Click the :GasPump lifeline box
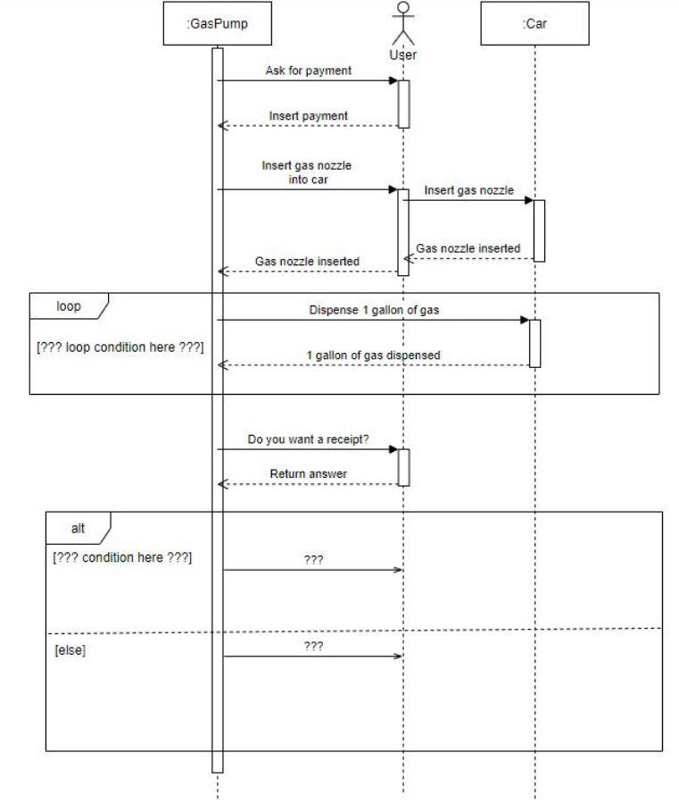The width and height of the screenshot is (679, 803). click(x=217, y=24)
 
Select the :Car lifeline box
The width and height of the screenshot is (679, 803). click(x=534, y=24)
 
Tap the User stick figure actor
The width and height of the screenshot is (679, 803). click(x=403, y=24)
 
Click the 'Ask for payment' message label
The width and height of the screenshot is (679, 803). click(x=308, y=71)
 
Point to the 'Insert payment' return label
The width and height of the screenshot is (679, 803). click(x=309, y=115)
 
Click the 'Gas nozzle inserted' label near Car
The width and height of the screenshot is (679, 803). click(x=468, y=248)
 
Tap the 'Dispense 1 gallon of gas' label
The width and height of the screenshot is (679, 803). click(x=374, y=310)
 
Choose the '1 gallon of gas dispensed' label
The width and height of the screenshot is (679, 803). click(x=373, y=355)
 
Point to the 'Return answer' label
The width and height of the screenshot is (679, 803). click(x=308, y=473)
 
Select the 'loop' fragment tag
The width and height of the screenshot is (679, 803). click(x=69, y=305)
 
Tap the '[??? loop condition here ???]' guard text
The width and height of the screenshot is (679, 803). click(x=120, y=347)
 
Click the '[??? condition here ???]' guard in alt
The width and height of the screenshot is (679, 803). click(x=123, y=558)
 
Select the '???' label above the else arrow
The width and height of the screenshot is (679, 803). click(x=313, y=645)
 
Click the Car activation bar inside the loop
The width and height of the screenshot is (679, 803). click(x=534, y=343)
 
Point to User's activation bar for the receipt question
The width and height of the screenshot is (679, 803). click(x=403, y=467)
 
